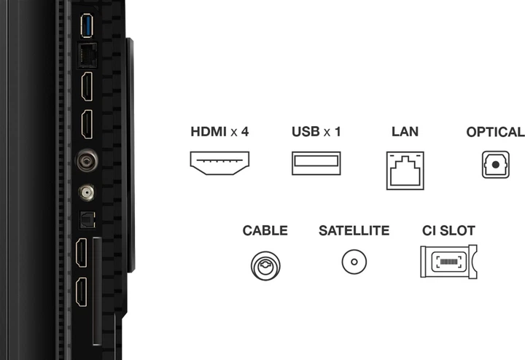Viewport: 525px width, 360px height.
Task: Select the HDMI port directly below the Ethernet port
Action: point(86,87)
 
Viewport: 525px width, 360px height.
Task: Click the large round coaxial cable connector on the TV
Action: point(86,158)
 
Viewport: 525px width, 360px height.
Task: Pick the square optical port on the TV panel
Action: point(86,218)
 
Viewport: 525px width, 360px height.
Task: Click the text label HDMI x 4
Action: point(219,133)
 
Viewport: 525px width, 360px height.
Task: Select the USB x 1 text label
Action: point(316,133)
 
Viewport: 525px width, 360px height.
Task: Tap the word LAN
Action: point(405,133)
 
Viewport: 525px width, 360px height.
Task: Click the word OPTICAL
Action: point(495,133)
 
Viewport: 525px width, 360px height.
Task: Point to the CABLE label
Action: point(265,231)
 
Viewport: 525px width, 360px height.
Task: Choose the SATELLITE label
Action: point(354,231)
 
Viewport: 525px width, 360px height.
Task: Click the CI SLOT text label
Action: point(448,231)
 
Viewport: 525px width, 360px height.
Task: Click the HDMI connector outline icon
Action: point(219,164)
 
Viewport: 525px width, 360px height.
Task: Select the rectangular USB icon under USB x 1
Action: point(316,163)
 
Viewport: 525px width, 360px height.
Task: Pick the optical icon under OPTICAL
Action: point(495,164)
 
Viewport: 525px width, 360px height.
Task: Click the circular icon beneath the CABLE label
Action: point(265,263)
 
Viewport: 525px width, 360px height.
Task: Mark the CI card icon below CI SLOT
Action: point(448,261)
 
